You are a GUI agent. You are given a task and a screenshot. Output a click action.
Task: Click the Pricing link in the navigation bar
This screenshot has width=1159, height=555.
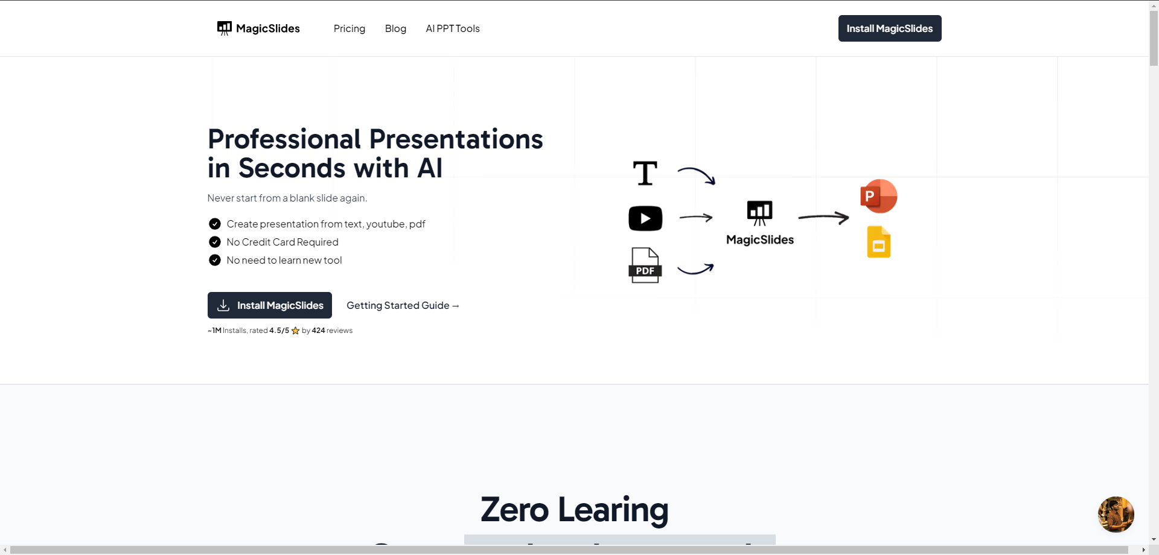click(350, 28)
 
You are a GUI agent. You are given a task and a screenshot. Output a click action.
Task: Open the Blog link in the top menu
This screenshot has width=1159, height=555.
click(395, 28)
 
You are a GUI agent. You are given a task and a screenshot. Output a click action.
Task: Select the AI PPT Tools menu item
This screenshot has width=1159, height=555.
click(453, 28)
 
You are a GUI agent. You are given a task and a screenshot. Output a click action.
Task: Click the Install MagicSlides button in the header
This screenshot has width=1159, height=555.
click(890, 28)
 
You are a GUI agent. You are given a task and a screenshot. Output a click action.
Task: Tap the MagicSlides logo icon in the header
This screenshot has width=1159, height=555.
click(225, 28)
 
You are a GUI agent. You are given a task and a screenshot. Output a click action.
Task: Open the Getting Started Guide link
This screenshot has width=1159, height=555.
click(403, 305)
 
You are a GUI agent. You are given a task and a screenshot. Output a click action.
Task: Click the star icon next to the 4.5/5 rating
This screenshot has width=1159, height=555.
click(295, 331)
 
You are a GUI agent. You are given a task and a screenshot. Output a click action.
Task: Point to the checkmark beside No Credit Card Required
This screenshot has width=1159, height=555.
click(215, 242)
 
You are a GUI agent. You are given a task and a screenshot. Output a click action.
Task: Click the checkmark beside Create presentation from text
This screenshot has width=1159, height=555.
click(215, 224)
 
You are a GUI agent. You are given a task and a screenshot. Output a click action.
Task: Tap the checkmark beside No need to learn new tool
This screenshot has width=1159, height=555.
click(215, 260)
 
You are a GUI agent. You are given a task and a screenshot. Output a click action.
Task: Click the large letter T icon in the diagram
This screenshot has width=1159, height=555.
click(645, 173)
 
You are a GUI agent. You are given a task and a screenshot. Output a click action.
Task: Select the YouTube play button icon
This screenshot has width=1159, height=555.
click(645, 218)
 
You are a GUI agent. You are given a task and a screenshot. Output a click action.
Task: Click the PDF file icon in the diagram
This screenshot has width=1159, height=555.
click(645, 265)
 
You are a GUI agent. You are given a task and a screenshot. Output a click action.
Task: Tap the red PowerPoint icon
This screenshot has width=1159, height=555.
click(879, 196)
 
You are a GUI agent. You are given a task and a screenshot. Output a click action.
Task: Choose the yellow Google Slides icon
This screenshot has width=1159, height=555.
click(879, 242)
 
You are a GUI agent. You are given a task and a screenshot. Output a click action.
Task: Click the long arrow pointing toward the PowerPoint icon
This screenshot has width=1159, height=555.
click(823, 217)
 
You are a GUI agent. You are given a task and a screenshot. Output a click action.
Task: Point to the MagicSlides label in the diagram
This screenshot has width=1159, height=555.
click(760, 239)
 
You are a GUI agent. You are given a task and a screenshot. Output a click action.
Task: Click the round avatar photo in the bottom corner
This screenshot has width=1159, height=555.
click(1116, 515)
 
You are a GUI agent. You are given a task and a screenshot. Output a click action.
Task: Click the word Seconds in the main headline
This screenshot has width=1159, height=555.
click(324, 168)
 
